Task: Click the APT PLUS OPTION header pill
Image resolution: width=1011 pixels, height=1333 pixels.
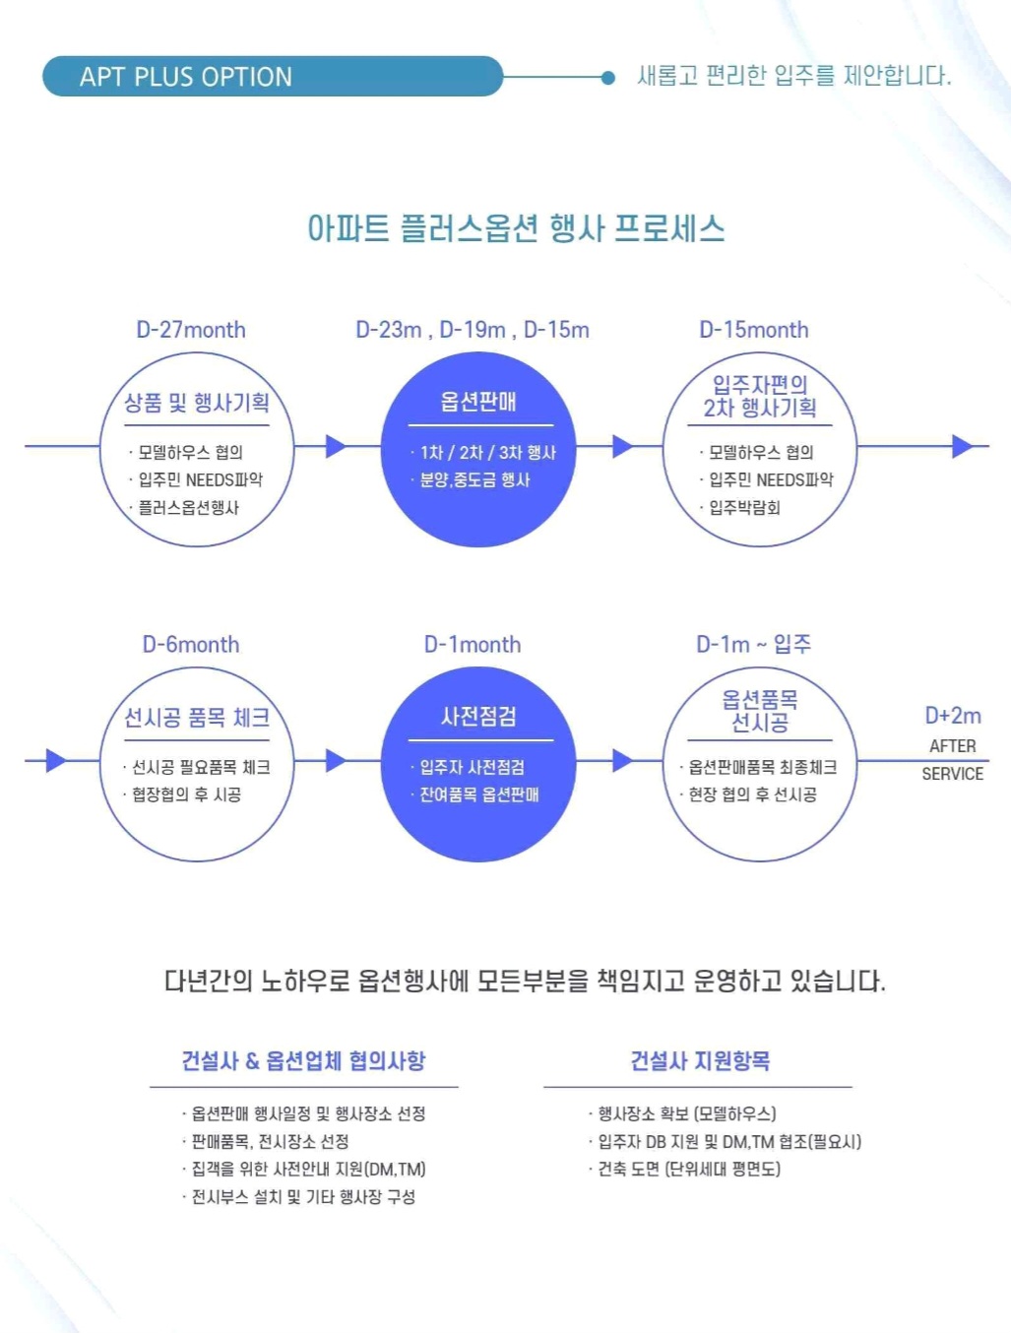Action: click(x=272, y=77)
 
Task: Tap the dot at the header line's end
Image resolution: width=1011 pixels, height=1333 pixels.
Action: click(x=608, y=77)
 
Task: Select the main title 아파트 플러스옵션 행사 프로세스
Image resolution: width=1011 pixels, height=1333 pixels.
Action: click(x=516, y=228)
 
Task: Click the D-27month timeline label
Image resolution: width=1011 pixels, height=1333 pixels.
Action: click(x=191, y=330)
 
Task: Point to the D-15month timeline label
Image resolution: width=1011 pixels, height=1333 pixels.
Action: click(x=754, y=330)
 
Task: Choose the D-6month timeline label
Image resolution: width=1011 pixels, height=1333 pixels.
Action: click(x=191, y=645)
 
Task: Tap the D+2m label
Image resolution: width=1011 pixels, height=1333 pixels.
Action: click(x=952, y=716)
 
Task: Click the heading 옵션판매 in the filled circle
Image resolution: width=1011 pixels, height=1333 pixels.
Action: click(x=478, y=402)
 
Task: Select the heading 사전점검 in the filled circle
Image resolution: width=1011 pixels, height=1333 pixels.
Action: click(x=478, y=717)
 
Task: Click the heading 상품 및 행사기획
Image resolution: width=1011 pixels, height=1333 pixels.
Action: click(x=197, y=403)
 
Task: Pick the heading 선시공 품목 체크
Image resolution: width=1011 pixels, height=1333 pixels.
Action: click(x=197, y=718)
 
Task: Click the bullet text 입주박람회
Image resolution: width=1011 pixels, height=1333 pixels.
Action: click(x=745, y=508)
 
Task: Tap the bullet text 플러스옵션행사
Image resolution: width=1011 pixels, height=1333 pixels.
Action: click(x=188, y=508)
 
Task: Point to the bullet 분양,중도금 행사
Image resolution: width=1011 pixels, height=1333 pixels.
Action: click(x=475, y=480)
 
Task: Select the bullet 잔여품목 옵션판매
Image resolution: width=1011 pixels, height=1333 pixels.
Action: click(x=479, y=795)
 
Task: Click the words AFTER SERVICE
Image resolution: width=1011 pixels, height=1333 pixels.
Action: click(x=952, y=760)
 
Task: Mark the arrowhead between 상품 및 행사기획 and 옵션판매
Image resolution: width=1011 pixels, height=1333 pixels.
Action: click(x=336, y=446)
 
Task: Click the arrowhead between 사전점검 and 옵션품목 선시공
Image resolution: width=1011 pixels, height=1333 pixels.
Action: click(x=622, y=760)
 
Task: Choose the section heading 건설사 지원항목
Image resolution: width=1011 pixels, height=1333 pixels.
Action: click(x=700, y=1061)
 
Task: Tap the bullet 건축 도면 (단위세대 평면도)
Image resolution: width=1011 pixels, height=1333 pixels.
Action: click(x=689, y=1170)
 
